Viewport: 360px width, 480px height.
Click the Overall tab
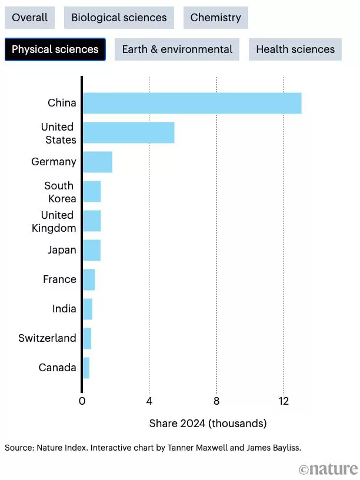point(30,18)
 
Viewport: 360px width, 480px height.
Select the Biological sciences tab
point(119,18)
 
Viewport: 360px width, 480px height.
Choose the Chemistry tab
point(215,18)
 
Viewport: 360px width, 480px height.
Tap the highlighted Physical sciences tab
point(55,49)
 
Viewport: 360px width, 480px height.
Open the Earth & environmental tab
point(177,49)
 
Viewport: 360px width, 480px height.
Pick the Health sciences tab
point(295,49)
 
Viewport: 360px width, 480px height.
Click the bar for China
point(192,103)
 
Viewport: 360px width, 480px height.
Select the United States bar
point(128,133)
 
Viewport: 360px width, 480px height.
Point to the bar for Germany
point(97,162)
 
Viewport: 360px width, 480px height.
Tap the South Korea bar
point(92,191)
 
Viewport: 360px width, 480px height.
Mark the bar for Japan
point(91,250)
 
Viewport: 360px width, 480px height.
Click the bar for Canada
point(86,368)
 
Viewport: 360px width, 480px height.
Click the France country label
point(59,279)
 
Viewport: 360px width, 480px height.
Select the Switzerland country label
point(47,338)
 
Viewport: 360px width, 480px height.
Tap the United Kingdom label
point(54,221)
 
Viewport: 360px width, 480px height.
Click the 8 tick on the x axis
point(216,401)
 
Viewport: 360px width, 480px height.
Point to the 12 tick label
point(284,401)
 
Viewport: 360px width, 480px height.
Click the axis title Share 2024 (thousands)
point(208,424)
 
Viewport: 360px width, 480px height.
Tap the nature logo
point(328,469)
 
